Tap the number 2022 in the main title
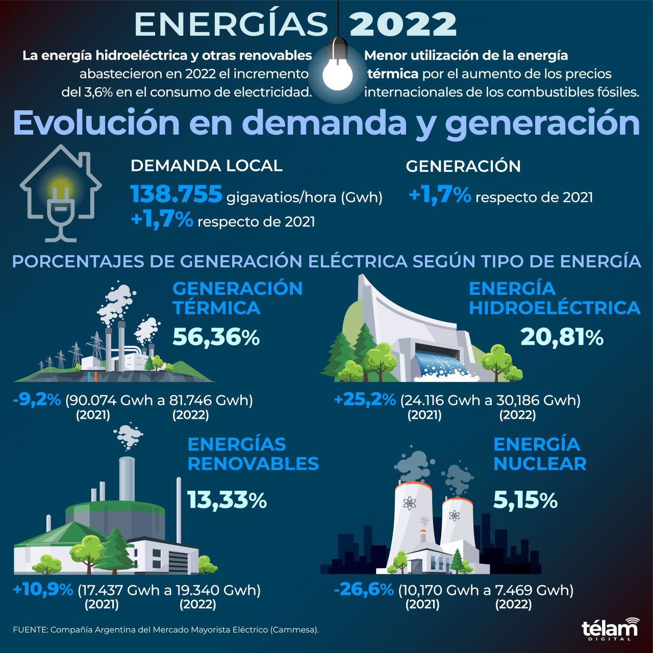[x=403, y=24]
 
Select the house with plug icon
[x=61, y=193]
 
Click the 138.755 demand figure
[x=177, y=194]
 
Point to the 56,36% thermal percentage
[x=216, y=337]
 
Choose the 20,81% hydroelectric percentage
[x=562, y=337]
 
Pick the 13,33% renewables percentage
[x=227, y=500]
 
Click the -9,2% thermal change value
[x=37, y=399]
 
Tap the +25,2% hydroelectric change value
[x=365, y=399]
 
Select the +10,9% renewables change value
[x=43, y=590]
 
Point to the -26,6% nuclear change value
[x=364, y=590]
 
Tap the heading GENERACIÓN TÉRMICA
[x=237, y=298]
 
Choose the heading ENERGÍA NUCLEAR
[x=539, y=454]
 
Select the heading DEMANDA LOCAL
[x=206, y=166]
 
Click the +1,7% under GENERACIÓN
[x=440, y=195]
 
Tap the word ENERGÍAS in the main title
[x=231, y=24]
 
